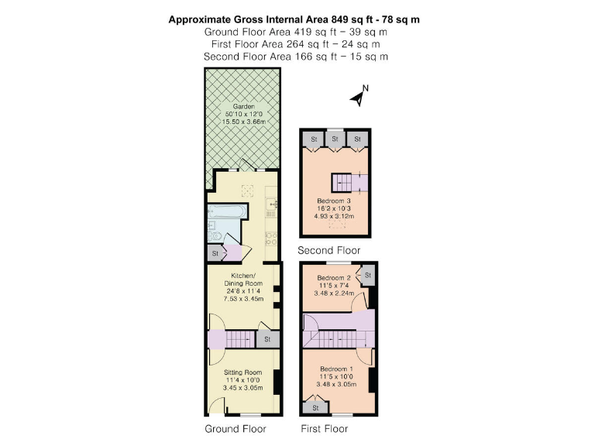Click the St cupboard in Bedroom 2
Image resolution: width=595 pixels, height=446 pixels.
tap(368, 275)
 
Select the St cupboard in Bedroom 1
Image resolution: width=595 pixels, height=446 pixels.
tap(315, 407)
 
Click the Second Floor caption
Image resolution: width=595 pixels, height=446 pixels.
tap(329, 251)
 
